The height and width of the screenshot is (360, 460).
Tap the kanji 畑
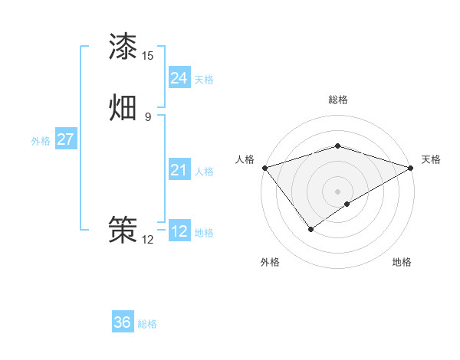(123, 108)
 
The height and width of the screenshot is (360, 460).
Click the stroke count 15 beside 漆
(148, 56)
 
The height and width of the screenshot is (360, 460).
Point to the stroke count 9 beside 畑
(148, 117)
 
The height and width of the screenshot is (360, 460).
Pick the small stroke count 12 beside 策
(148, 240)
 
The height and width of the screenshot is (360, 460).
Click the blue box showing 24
(179, 78)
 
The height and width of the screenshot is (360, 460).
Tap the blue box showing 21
(179, 170)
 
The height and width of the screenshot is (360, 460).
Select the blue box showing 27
(65, 139)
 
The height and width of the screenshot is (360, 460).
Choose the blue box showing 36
(123, 322)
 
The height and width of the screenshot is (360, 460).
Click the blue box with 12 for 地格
(179, 231)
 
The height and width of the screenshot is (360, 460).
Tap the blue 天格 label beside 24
(204, 80)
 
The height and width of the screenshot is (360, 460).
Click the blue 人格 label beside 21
(204, 172)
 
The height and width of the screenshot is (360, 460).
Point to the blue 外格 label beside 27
(41, 141)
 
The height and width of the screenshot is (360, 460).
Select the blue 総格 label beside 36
(147, 324)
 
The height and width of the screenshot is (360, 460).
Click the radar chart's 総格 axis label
(338, 100)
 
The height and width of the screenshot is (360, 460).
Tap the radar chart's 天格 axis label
(431, 159)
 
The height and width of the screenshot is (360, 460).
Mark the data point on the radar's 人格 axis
(264, 167)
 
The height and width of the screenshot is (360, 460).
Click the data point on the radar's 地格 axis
(348, 204)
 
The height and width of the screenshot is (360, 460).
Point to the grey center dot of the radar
(338, 191)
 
